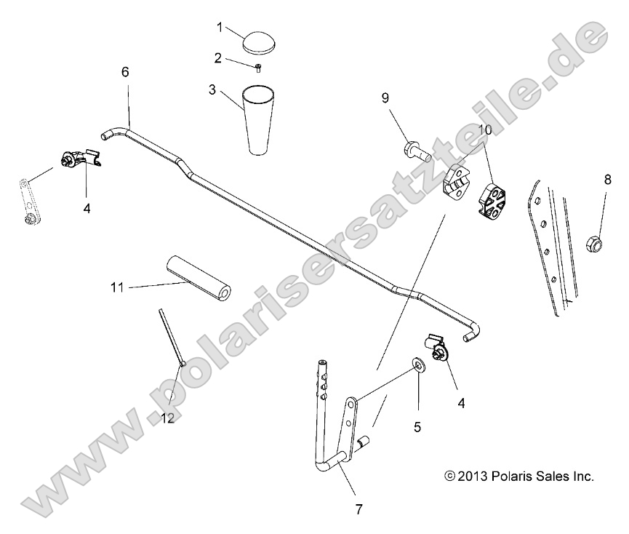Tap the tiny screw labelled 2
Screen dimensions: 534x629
click(x=258, y=68)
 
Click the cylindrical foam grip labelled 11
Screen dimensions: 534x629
click(x=198, y=279)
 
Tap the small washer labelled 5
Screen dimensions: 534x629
click(x=419, y=363)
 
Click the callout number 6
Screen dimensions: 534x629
click(x=125, y=72)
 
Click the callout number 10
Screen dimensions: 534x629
click(x=486, y=129)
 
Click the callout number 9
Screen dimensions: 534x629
click(x=385, y=97)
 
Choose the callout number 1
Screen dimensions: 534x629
click(x=219, y=27)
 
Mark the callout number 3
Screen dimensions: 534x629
click(x=212, y=90)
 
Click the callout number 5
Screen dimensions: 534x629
click(x=417, y=428)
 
